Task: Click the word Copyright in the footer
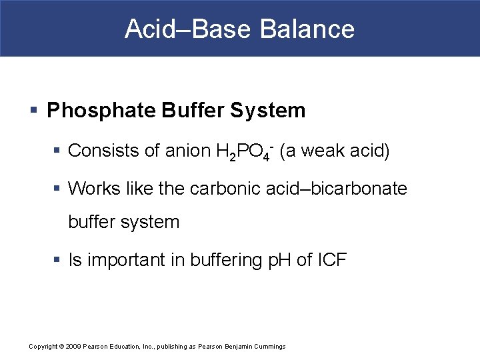pos(44,346)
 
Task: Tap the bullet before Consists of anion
pos(59,152)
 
